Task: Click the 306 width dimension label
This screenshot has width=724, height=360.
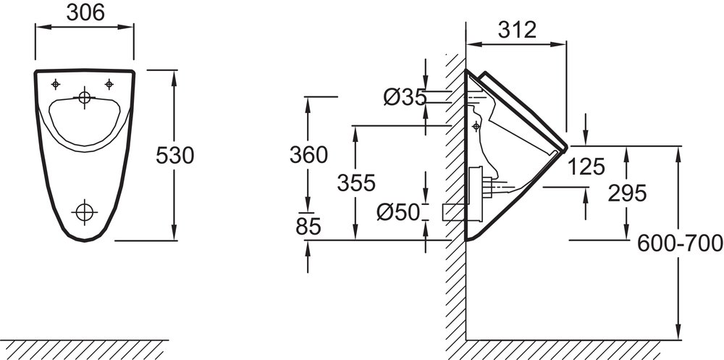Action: tap(85, 12)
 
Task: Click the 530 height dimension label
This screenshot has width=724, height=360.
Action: tap(175, 156)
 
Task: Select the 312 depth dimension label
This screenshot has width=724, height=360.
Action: tap(517, 30)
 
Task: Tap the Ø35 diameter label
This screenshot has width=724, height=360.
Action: tap(405, 97)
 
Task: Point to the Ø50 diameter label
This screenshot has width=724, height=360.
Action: tap(398, 212)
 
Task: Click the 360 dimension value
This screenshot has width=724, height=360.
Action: tap(309, 155)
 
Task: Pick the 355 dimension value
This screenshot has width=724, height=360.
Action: tap(356, 183)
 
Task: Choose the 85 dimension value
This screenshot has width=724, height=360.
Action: tap(308, 227)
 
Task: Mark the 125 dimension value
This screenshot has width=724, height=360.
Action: tap(586, 167)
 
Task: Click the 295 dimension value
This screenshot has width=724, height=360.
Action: tap(627, 193)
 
